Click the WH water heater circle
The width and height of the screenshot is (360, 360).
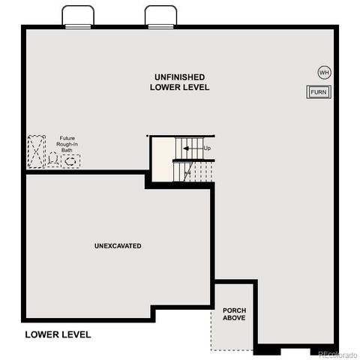click(324, 73)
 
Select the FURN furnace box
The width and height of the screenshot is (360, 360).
click(319, 91)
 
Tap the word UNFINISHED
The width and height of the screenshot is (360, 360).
click(180, 77)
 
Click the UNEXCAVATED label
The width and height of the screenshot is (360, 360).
click(118, 246)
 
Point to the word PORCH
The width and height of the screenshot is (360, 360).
click(234, 310)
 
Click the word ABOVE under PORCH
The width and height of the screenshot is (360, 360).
click(234, 318)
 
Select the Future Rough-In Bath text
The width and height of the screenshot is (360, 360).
click(67, 144)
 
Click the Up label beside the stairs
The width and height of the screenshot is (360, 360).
click(208, 148)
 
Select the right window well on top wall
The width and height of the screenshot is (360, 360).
click(160, 17)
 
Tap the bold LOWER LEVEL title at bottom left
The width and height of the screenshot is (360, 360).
click(58, 334)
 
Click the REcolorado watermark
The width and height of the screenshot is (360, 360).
click(337, 353)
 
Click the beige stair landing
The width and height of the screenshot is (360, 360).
click(163, 158)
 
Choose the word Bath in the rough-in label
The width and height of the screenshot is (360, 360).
click(67, 150)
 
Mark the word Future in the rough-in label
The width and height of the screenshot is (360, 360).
click(67, 138)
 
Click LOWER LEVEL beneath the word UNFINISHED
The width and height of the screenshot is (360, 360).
click(180, 88)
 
